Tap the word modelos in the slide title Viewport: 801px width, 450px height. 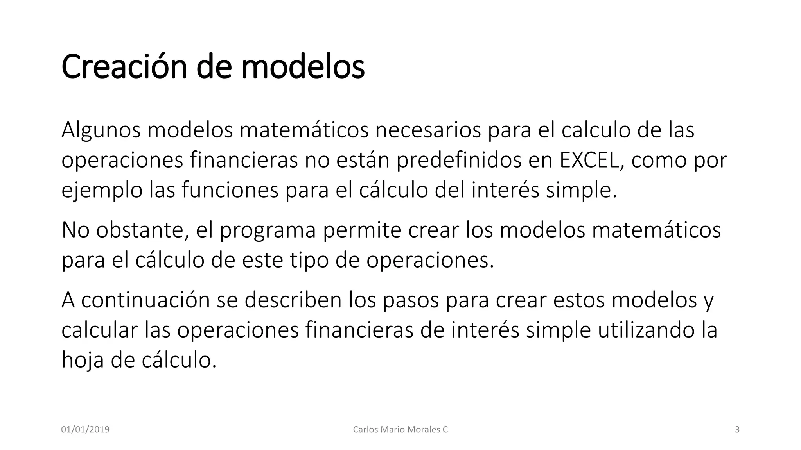pos(303,67)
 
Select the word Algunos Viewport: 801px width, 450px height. pos(101,130)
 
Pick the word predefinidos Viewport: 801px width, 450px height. pos(459,160)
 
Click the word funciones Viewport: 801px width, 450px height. pos(230,191)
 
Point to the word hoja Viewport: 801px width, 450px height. pos(83,360)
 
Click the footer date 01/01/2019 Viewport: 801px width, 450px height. pos(85,430)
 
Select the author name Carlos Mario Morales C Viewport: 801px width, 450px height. pos(400,430)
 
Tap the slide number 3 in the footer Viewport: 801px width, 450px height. pos(737,430)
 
